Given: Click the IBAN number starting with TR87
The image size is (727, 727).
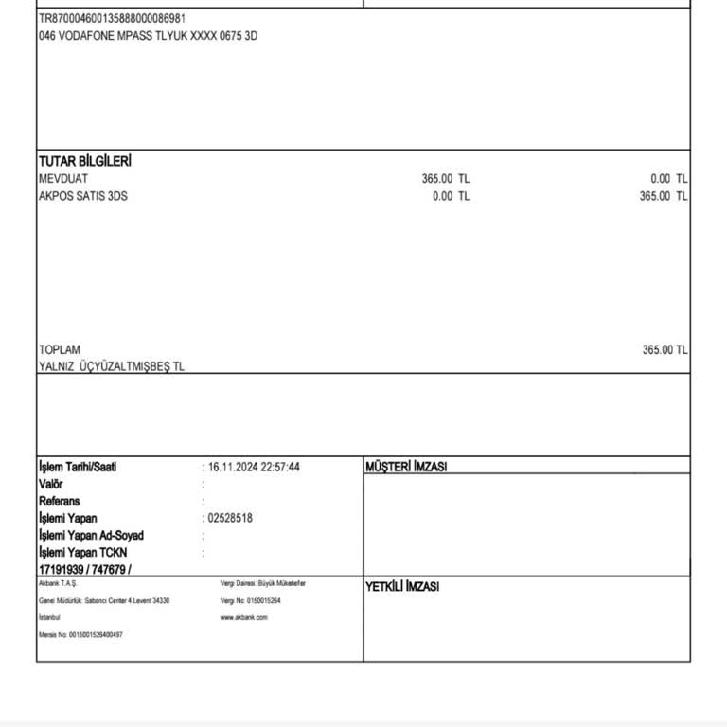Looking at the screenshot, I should tap(112, 18).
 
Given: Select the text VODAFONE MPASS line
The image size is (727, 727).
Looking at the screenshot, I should tap(148, 36).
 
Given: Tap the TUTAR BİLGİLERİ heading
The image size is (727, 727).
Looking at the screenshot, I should tap(85, 161).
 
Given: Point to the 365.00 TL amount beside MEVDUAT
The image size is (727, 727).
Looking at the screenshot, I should tap(445, 179).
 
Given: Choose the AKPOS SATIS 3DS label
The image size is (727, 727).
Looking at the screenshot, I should tap(82, 196).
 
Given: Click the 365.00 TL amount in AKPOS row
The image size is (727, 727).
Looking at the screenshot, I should tap(664, 196).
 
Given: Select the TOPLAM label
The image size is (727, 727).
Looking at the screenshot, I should tap(60, 349).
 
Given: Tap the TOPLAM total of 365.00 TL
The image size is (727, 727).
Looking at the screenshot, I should tap(665, 349).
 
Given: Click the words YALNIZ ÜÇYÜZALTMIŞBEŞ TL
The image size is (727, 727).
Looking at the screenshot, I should tap(112, 366).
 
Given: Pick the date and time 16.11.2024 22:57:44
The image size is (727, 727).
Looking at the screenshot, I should tap(254, 467).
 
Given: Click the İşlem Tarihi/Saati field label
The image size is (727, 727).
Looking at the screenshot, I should tap(78, 467).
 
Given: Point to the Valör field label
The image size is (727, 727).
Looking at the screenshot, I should tap(51, 484).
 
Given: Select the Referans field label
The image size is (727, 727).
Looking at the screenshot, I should tap(60, 501).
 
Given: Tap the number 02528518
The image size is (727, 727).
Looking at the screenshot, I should tap(230, 518).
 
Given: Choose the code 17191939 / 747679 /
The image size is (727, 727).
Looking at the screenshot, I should tap(85, 569).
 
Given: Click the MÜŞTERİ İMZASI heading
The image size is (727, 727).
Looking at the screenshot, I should tap(406, 467).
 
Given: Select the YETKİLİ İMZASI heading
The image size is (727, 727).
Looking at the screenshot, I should tap(402, 587).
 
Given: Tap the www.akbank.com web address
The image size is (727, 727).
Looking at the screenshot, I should tap(243, 617).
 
